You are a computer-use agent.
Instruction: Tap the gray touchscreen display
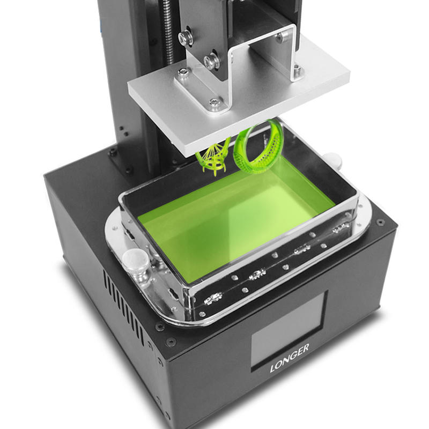[287, 331]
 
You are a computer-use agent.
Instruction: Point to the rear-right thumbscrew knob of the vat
[334, 160]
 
